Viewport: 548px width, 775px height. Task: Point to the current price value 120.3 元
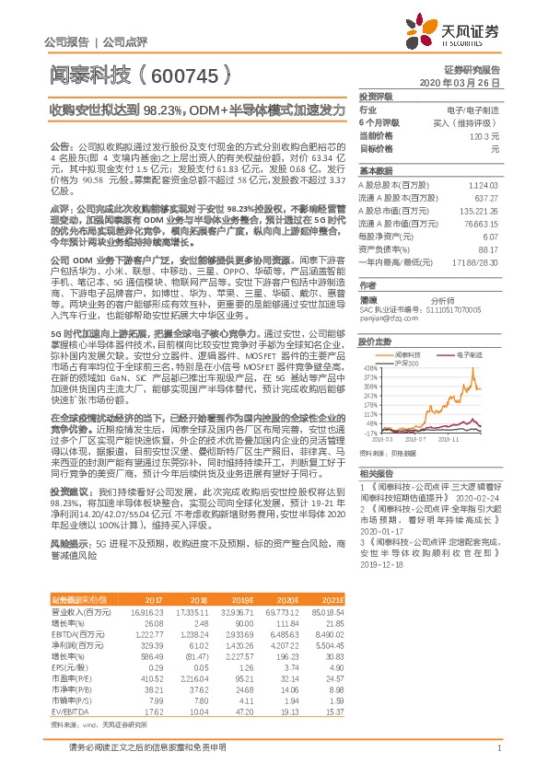pos(484,134)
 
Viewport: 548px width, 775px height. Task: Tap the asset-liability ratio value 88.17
pos(489,249)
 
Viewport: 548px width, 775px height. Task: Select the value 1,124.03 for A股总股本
pos(483,185)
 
